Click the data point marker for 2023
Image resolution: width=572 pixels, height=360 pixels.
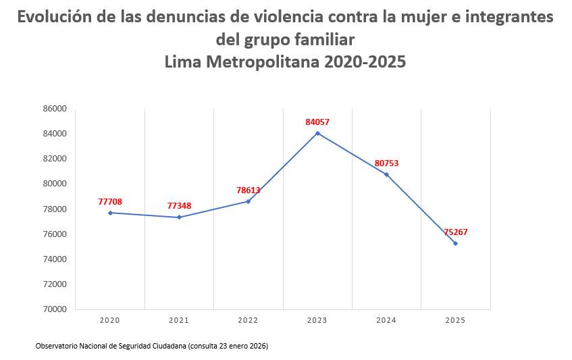317,133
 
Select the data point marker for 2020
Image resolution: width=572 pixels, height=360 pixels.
110,213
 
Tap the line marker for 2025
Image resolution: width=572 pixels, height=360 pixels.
455,243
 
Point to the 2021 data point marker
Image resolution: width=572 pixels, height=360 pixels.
179,217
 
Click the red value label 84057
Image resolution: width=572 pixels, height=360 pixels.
317,122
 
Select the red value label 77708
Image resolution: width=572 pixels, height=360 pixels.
110,202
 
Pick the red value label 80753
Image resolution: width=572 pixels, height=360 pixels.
386,163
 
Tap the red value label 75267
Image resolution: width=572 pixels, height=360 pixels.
456,232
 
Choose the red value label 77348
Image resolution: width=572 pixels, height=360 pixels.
179,206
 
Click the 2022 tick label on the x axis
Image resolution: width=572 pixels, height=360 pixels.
248,320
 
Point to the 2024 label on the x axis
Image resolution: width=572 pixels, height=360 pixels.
386,320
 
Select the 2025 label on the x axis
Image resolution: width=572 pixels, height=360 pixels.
455,320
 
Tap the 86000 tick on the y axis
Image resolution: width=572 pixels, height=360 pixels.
55,109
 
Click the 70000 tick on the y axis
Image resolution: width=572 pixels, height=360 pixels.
55,309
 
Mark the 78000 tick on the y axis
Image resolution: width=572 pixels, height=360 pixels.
55,209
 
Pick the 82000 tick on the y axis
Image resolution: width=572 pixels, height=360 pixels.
55,159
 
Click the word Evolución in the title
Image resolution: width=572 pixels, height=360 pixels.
55,18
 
